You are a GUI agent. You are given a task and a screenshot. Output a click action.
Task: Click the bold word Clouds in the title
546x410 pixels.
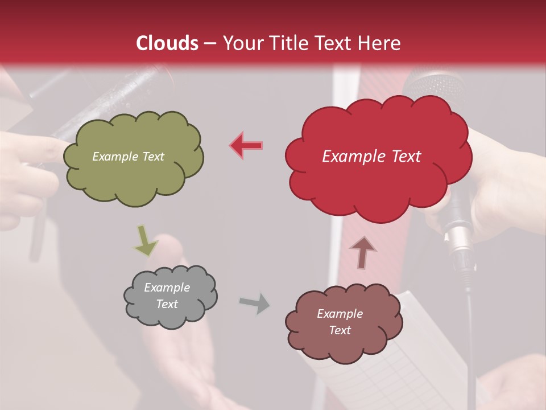coord(167,43)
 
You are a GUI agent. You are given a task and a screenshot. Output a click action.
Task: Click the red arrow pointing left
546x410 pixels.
coord(247,145)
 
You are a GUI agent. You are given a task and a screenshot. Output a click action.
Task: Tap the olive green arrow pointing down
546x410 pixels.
coord(145,240)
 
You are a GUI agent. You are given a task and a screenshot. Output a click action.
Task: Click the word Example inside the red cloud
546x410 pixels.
coord(348,157)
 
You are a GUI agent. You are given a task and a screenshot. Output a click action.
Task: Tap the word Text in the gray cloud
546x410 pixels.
coord(167,304)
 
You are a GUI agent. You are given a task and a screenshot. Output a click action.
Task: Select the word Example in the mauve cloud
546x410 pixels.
coord(340,314)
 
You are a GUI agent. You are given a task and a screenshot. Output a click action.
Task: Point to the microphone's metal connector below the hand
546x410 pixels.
coord(460,239)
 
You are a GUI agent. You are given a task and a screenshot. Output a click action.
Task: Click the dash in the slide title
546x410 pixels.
coord(210,43)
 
